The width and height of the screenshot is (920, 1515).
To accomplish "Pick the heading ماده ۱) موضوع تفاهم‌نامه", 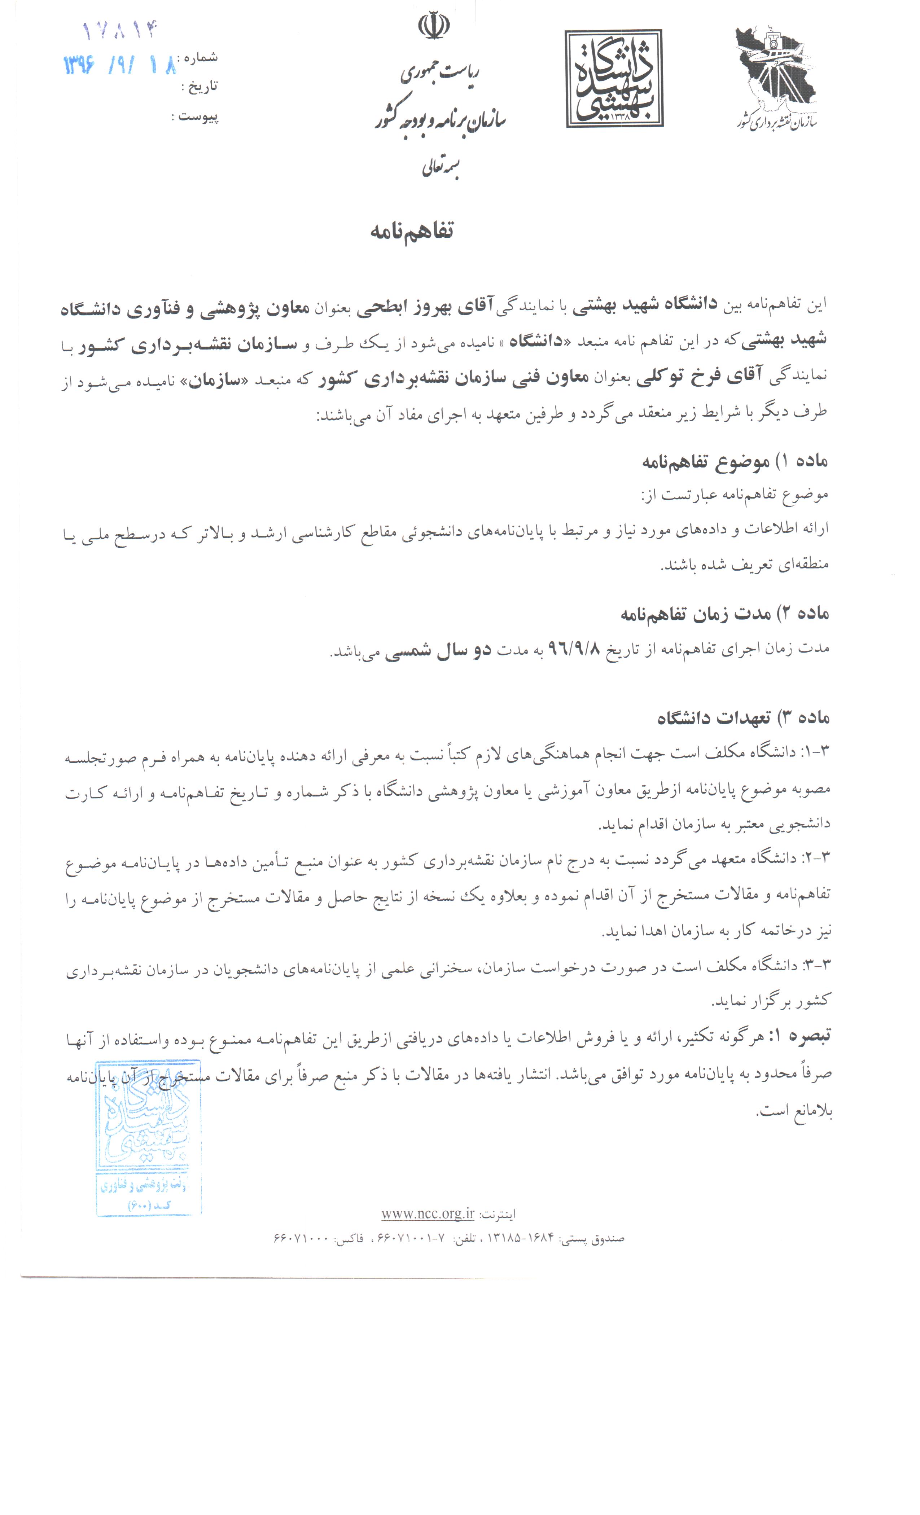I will click(735, 461).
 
